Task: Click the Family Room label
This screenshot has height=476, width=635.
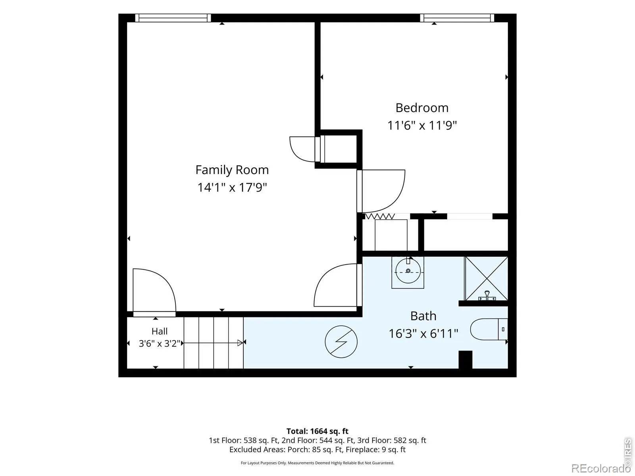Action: (x=232, y=170)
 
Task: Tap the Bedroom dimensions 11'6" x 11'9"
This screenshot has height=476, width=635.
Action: (x=422, y=125)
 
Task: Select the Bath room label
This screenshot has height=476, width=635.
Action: (x=423, y=316)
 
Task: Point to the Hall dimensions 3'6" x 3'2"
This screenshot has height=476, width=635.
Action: (x=160, y=344)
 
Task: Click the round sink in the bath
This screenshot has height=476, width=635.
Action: (x=408, y=271)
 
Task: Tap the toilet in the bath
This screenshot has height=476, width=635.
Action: (x=489, y=329)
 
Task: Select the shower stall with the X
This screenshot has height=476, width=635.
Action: (x=486, y=278)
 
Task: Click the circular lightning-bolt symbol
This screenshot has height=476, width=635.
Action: (x=341, y=342)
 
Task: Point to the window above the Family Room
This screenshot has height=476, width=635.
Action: (x=173, y=18)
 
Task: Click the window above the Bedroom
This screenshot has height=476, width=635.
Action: (x=457, y=18)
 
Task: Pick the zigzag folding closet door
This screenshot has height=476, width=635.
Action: (x=380, y=216)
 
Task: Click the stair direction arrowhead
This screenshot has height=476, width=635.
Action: (x=240, y=343)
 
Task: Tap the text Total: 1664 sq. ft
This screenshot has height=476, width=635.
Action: (x=317, y=431)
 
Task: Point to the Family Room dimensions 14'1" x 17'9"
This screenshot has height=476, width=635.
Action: (x=232, y=187)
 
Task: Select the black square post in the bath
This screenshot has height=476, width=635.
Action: (x=466, y=360)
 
